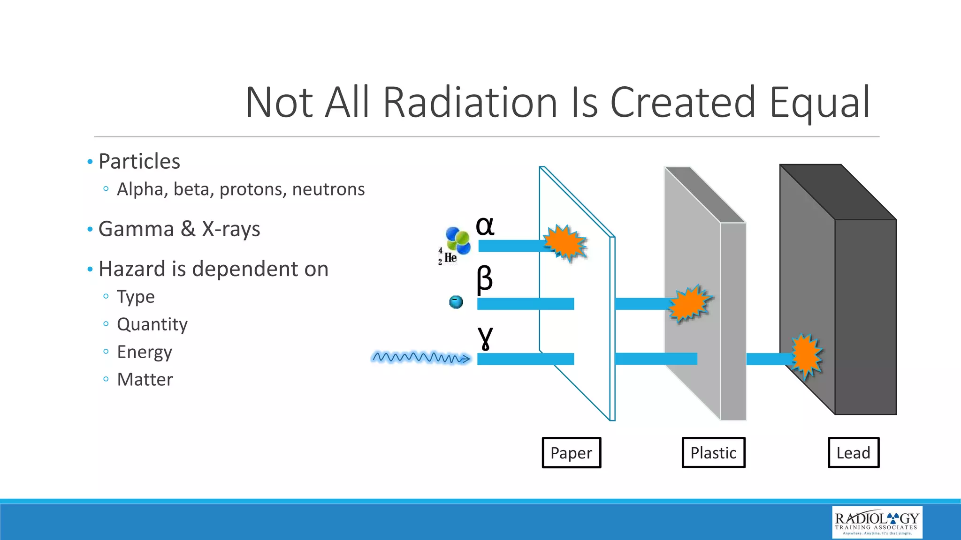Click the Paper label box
click(571, 453)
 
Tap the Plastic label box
click(713, 453)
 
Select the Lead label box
click(853, 453)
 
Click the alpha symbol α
click(485, 226)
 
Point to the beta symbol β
click(485, 279)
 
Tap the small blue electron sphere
click(456, 302)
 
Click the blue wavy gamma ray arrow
click(420, 358)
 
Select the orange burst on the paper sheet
click(566, 243)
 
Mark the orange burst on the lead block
click(806, 356)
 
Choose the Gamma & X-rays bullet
click(179, 229)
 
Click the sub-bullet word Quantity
click(152, 324)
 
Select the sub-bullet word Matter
click(145, 379)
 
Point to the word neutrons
click(328, 189)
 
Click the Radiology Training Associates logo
click(877, 522)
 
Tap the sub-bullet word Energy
click(145, 352)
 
